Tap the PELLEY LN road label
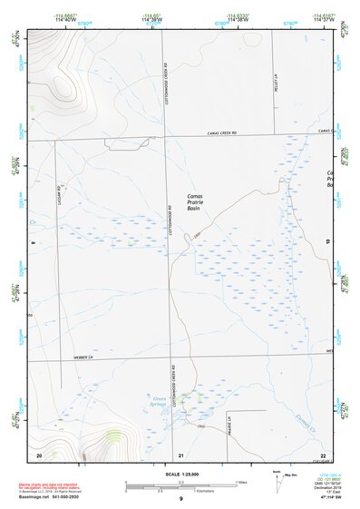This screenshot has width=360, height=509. (274, 83)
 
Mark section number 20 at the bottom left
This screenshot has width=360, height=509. (38, 455)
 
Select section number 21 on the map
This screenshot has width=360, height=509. (181, 455)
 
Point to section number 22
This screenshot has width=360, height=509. (323, 455)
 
